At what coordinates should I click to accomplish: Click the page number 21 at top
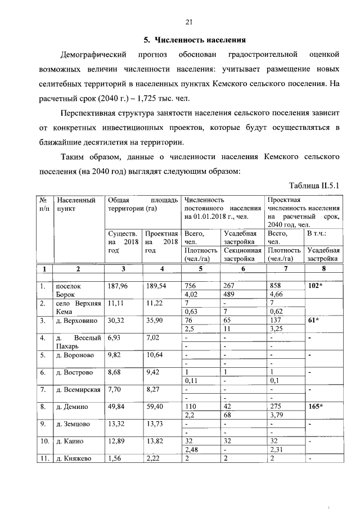click(190, 22)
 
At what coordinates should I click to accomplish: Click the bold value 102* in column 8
click(316, 286)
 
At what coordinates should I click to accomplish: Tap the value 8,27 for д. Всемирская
click(153, 389)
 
